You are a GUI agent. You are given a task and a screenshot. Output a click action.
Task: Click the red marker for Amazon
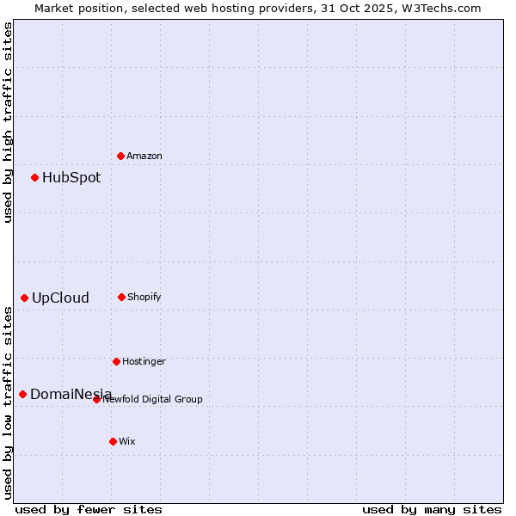[120, 156]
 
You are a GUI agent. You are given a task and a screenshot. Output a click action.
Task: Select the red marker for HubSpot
[34, 177]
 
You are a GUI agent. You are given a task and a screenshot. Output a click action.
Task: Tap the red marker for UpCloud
[24, 298]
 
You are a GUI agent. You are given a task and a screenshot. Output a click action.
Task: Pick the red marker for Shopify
[121, 297]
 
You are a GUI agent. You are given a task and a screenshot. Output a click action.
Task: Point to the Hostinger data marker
[116, 361]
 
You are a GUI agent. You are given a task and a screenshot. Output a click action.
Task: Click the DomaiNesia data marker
[22, 394]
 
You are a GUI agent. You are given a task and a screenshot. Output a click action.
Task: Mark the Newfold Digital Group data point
[96, 399]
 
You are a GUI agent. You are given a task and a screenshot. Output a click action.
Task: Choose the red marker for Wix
[113, 441]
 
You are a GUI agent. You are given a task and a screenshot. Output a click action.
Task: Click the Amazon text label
[144, 156]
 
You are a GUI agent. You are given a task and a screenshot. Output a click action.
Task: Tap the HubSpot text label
[71, 178]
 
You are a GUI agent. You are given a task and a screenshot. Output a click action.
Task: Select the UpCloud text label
[60, 298]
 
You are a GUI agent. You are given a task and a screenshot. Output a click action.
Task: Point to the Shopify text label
[144, 297]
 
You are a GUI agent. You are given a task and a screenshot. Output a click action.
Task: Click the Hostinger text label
[144, 361]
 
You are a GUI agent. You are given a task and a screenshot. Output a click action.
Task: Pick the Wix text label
[127, 441]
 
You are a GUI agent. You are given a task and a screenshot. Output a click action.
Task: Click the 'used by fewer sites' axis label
[89, 509]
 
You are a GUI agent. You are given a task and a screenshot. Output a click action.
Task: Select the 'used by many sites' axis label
[432, 509]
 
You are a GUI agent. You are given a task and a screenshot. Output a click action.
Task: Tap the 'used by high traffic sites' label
[8, 122]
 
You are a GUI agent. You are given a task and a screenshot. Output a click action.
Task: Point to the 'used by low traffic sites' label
[8, 402]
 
